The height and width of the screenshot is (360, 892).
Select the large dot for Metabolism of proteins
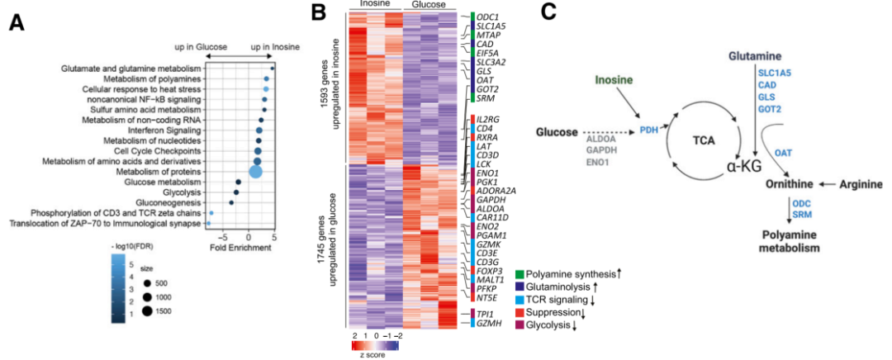point(255,171)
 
